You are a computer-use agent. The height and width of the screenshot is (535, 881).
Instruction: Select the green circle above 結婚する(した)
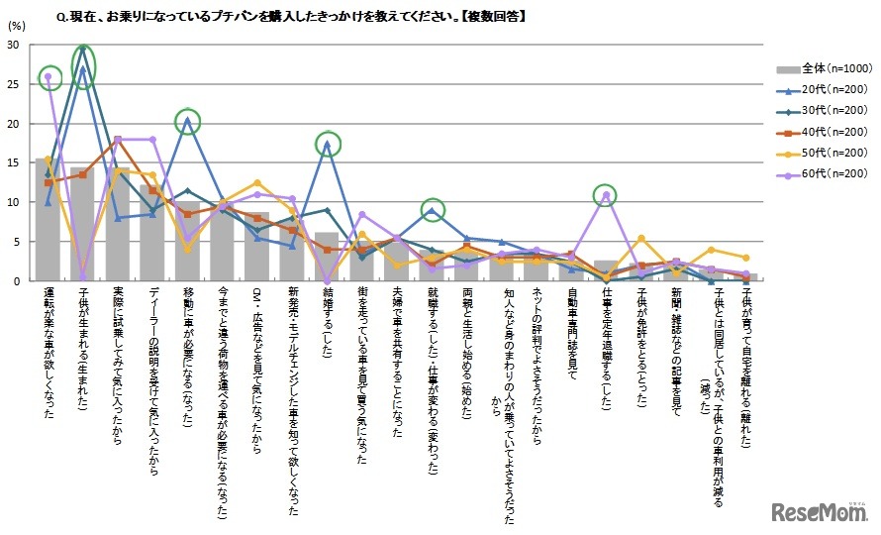[x=328, y=145]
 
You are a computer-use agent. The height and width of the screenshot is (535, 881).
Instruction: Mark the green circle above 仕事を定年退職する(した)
[x=605, y=195]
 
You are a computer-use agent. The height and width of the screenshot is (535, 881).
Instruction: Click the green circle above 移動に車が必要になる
[x=188, y=122]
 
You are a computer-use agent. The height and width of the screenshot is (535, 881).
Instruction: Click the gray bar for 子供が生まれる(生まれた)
[x=84, y=224]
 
